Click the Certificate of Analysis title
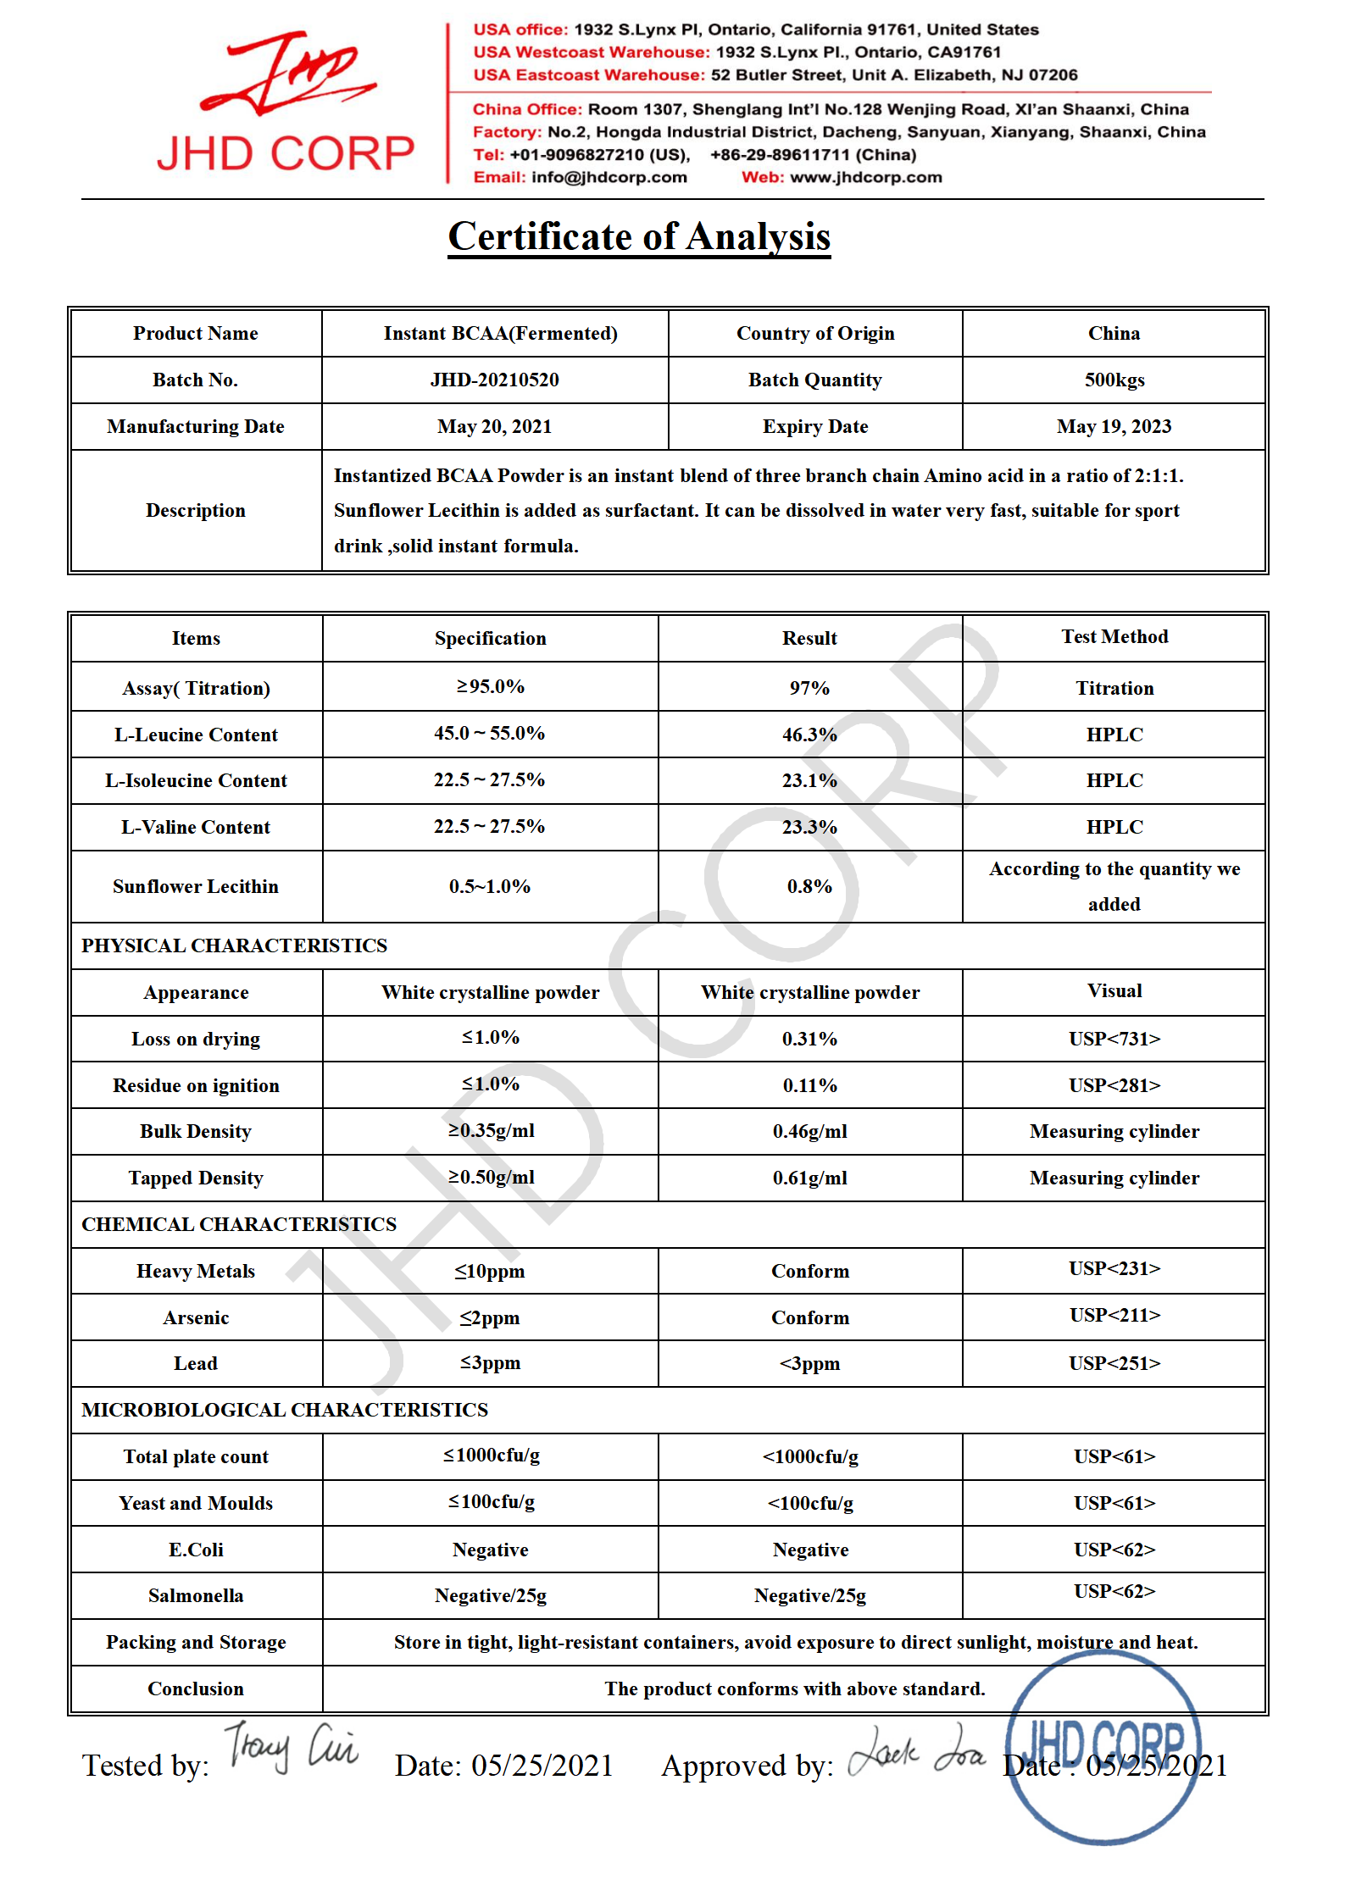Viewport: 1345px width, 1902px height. pyautogui.click(x=639, y=236)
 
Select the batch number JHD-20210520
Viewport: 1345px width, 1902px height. pyautogui.click(x=494, y=380)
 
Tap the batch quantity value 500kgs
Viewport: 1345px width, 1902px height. pyautogui.click(x=1114, y=380)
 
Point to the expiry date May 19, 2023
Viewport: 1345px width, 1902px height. pyautogui.click(x=1114, y=426)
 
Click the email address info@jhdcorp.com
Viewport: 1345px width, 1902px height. pyautogui.click(x=609, y=177)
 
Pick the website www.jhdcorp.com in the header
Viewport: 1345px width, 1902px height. pyautogui.click(x=865, y=177)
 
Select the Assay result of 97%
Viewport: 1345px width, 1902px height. pyautogui.click(x=809, y=688)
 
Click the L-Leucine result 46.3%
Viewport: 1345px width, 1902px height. pyautogui.click(x=809, y=735)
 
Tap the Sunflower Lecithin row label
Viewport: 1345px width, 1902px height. pyautogui.click(x=196, y=886)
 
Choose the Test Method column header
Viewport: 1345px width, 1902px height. pyautogui.click(x=1114, y=637)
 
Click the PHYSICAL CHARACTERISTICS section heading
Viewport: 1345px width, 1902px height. pyautogui.click(x=234, y=945)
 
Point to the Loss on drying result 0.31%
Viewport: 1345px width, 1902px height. pyautogui.click(x=809, y=1039)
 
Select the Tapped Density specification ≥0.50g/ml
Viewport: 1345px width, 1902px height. pyautogui.click(x=491, y=1178)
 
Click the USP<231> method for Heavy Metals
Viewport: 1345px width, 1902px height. pyautogui.click(x=1114, y=1268)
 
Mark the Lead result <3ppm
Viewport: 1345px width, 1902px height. pyautogui.click(x=809, y=1363)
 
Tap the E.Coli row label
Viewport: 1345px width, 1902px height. pyautogui.click(x=196, y=1550)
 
